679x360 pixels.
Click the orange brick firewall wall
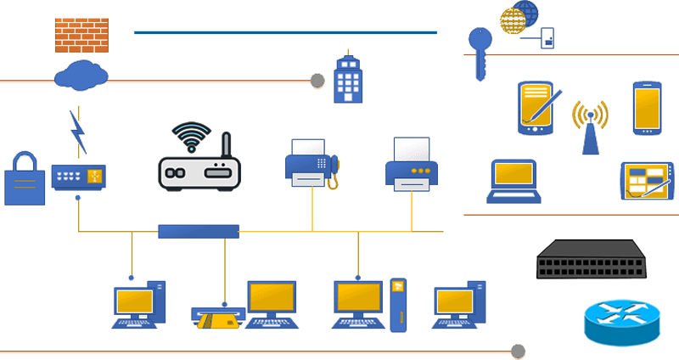[x=81, y=35]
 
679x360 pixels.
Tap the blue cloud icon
[x=81, y=76]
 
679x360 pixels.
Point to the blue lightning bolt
[x=78, y=132]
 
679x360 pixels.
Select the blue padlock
[x=25, y=179]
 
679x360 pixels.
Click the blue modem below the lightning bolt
[x=78, y=177]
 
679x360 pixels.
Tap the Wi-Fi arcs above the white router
[x=191, y=136]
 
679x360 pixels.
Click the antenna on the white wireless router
[x=226, y=149]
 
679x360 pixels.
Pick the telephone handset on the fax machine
[x=334, y=170]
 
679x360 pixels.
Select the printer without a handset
[x=412, y=163]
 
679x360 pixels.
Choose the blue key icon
[x=480, y=51]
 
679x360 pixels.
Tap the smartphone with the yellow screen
[x=647, y=108]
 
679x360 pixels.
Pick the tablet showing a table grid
[x=646, y=181]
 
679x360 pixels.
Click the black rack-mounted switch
[x=592, y=260]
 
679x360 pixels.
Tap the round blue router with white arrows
[x=621, y=321]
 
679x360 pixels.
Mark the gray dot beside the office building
[x=317, y=81]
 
